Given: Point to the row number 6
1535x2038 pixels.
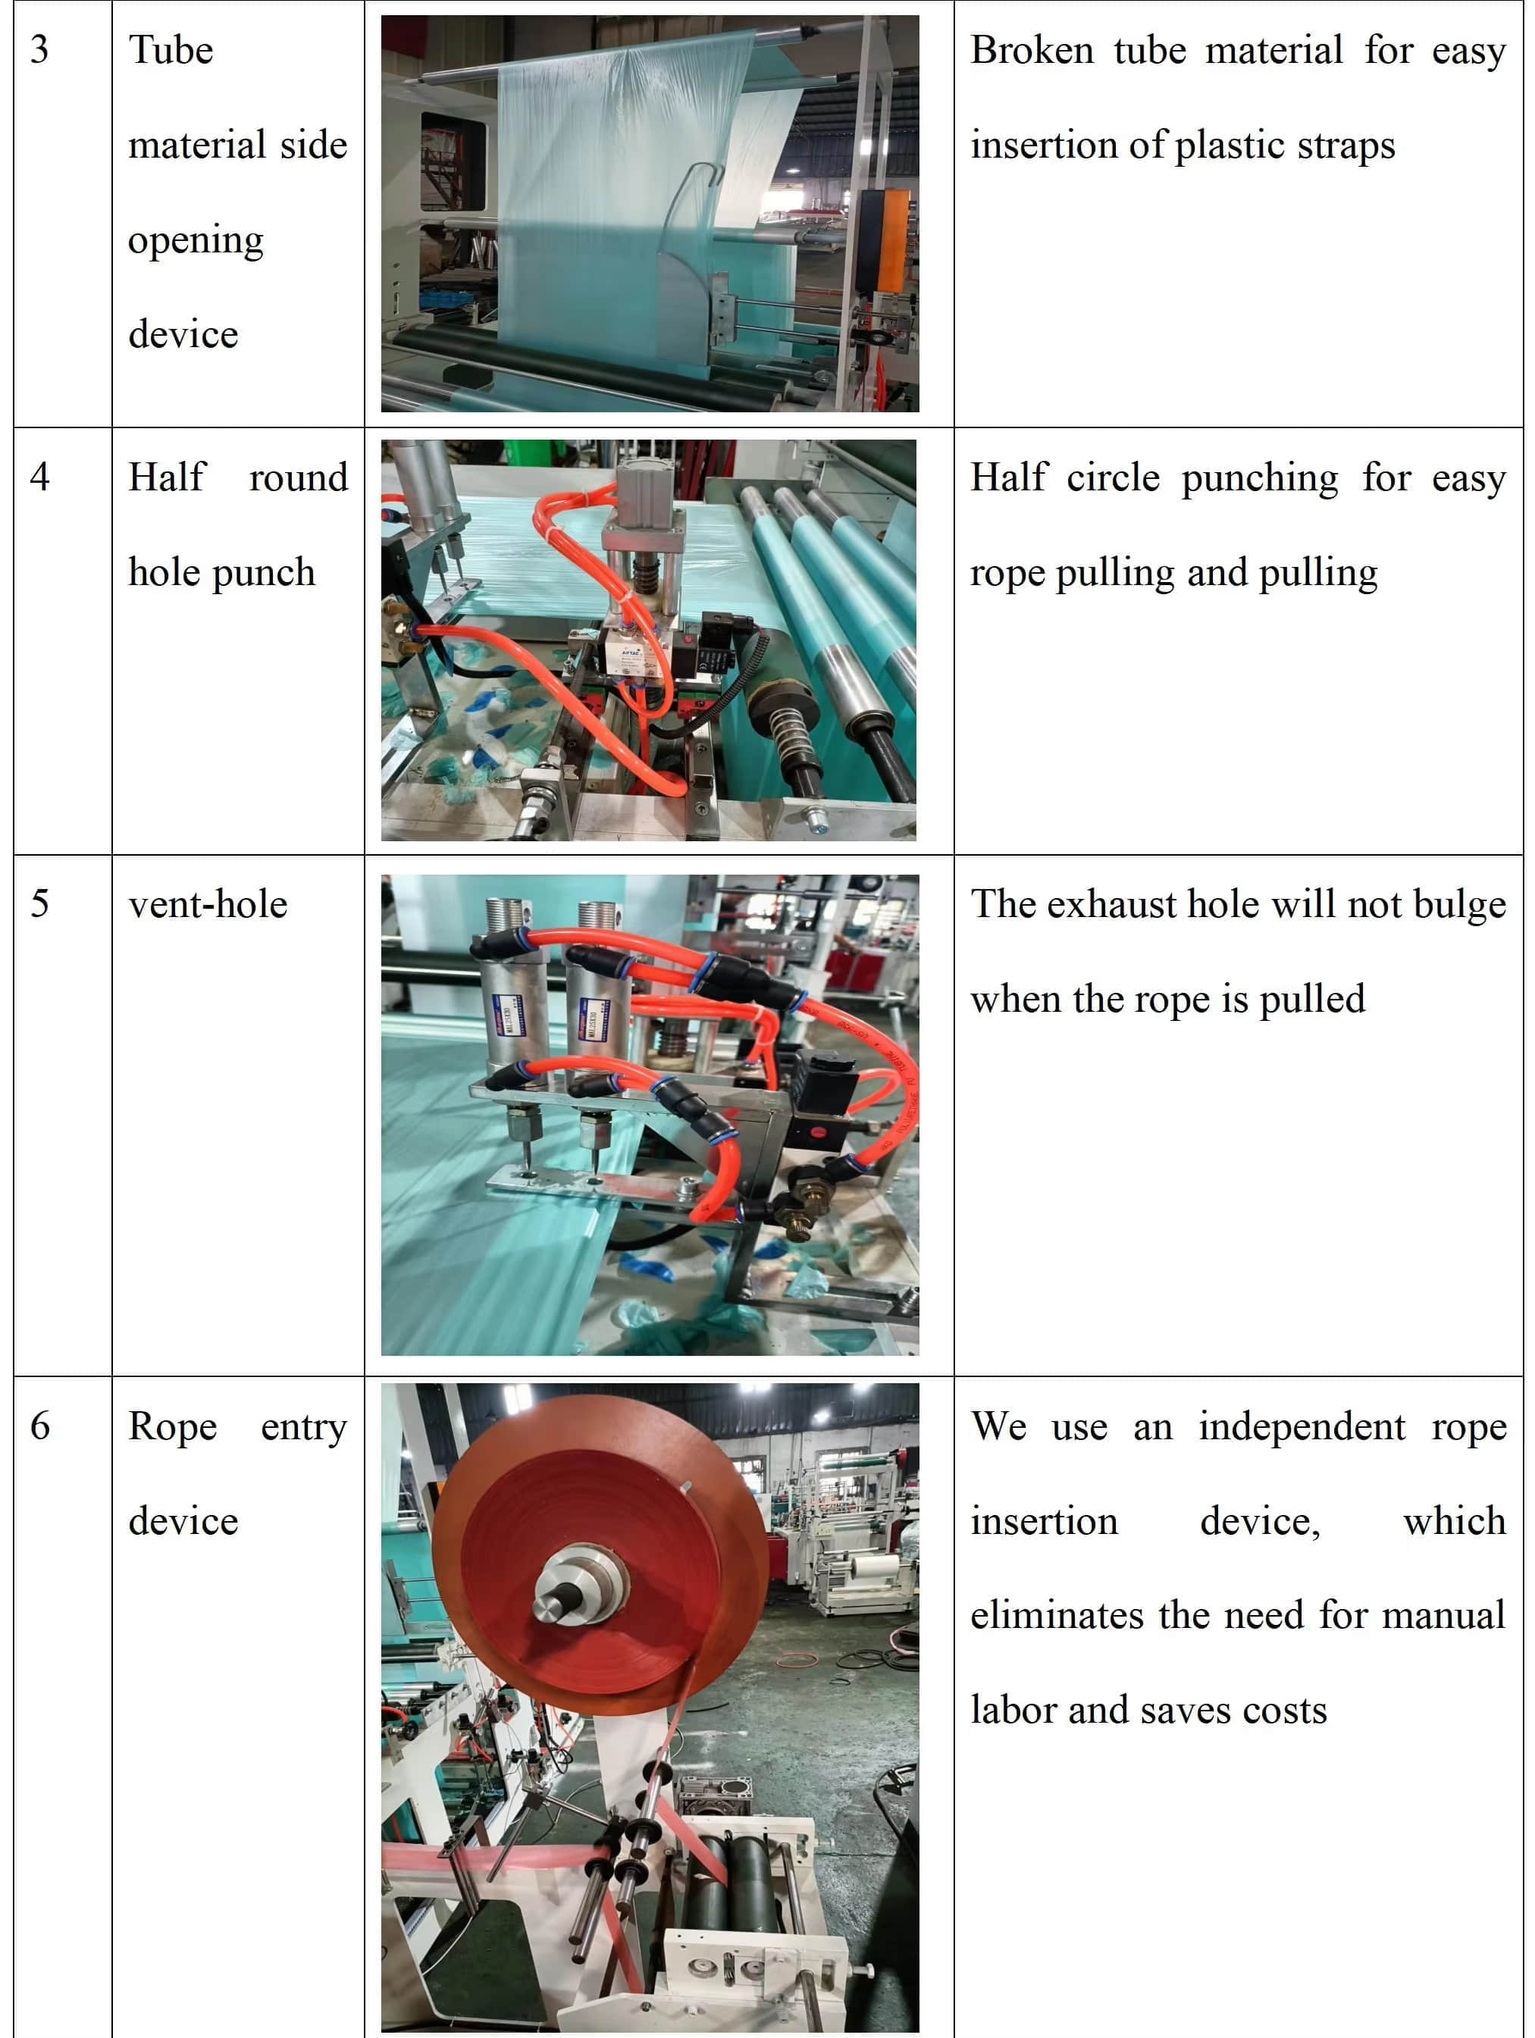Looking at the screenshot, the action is tap(39, 1426).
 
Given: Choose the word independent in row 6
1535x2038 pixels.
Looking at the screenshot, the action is tap(1302, 1427).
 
